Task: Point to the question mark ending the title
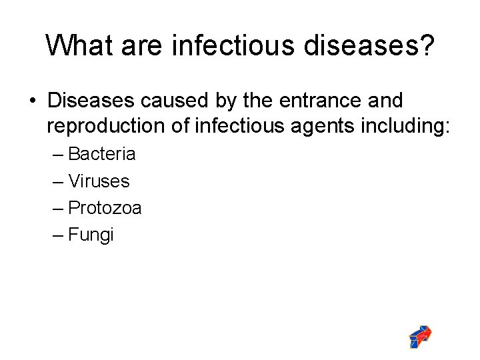426,45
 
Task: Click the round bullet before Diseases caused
32,101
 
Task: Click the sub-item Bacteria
102,154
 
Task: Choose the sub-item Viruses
99,181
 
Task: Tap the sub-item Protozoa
105,208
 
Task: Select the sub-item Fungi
91,235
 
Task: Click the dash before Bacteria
58,155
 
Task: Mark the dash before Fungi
58,235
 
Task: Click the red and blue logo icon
420,337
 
